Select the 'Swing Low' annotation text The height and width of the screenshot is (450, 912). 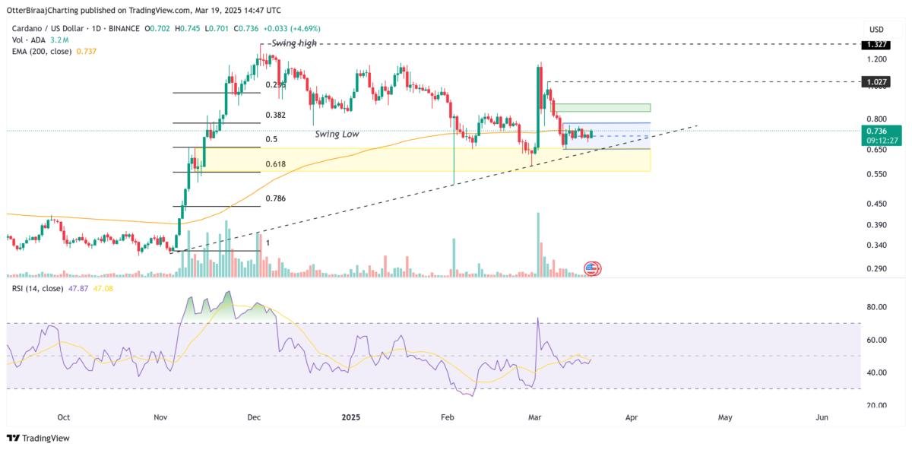pyautogui.click(x=337, y=134)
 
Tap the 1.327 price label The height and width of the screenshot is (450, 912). pyautogui.click(x=875, y=45)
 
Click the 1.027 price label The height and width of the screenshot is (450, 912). pyautogui.click(x=875, y=81)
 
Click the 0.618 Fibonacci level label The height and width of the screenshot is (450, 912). pyautogui.click(x=276, y=164)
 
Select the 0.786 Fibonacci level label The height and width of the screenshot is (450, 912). pyautogui.click(x=276, y=198)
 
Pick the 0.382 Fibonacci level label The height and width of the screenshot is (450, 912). pyautogui.click(x=276, y=116)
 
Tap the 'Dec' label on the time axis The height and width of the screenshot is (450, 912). pyautogui.click(x=254, y=417)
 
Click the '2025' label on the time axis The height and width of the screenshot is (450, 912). pyautogui.click(x=351, y=417)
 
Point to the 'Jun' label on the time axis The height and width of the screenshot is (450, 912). pyautogui.click(x=822, y=417)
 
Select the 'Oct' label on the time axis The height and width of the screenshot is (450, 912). pyautogui.click(x=64, y=417)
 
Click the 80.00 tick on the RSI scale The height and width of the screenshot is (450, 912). pyautogui.click(x=876, y=307)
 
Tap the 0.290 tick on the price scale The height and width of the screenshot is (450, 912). pyautogui.click(x=876, y=269)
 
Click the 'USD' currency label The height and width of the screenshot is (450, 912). pyautogui.click(x=876, y=29)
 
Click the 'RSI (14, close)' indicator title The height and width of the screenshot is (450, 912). pyautogui.click(x=36, y=289)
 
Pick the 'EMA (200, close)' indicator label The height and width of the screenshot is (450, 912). pyautogui.click(x=40, y=50)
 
